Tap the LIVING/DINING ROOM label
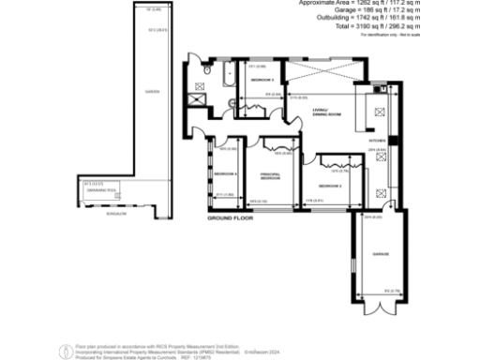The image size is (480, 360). coord(326,113)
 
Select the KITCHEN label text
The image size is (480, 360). coord(377,140)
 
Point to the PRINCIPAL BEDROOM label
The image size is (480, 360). coord(271,176)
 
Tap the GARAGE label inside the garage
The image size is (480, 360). coord(379,255)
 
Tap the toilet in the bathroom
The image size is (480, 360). coord(205,67)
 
